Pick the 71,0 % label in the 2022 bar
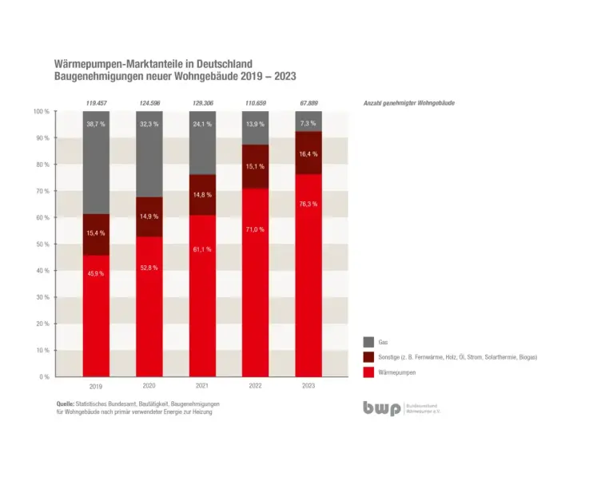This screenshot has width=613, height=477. tap(255, 229)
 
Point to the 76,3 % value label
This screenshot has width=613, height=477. tap(308, 204)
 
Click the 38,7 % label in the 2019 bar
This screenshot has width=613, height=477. tap(96, 125)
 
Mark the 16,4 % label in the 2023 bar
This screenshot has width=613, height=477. tap(308, 153)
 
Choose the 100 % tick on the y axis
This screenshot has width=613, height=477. tap(42, 111)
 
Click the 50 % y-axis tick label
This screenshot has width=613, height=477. tap(42, 244)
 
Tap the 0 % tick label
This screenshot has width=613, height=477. tap(43, 376)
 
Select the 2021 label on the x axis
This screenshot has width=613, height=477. tap(202, 386)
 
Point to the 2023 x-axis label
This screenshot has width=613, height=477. tap(308, 386)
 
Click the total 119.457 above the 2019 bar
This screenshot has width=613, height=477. tap(96, 103)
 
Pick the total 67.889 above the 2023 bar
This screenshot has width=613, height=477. tap(308, 103)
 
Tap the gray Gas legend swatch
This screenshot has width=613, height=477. tap(369, 341)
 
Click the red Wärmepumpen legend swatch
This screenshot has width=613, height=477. tap(369, 372)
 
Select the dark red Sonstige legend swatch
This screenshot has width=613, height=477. tap(369, 357)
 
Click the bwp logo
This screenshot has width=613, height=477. tap(381, 407)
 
